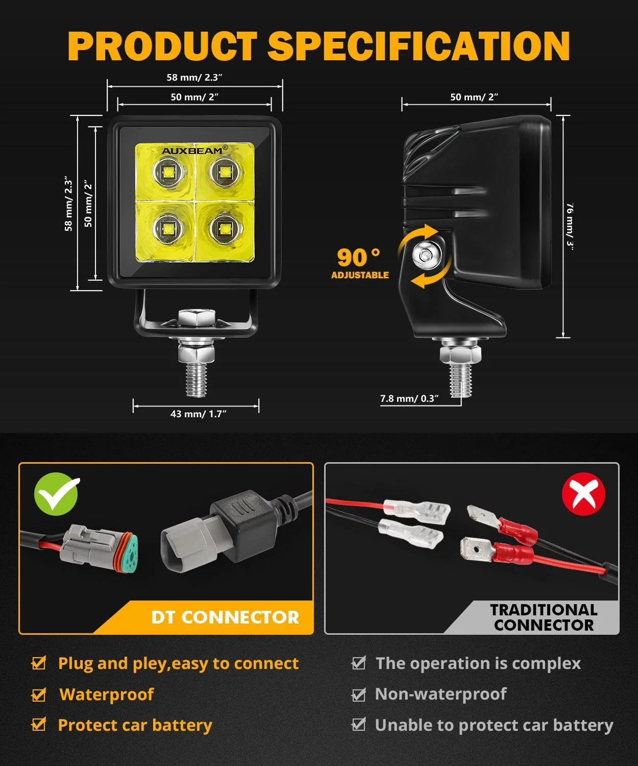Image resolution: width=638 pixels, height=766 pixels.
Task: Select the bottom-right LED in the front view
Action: pyautogui.click(x=224, y=228)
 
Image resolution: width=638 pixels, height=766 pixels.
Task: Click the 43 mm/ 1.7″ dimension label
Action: pyautogui.click(x=199, y=414)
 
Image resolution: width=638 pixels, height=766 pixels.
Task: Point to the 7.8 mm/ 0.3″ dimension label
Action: pyautogui.click(x=409, y=398)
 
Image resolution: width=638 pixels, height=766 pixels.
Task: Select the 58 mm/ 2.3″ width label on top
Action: pyautogui.click(x=194, y=78)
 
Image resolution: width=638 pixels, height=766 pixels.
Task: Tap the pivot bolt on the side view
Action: pyautogui.click(x=424, y=253)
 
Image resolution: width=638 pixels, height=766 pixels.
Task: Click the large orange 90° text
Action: pyautogui.click(x=358, y=257)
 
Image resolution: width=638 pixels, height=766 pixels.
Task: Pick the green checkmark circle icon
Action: pyautogui.click(x=56, y=494)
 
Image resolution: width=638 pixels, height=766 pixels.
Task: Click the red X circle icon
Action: pyautogui.click(x=583, y=494)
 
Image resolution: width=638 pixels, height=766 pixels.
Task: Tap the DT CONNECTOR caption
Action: pyautogui.click(x=225, y=617)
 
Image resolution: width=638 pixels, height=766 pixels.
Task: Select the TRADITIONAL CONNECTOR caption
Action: pyautogui.click(x=544, y=617)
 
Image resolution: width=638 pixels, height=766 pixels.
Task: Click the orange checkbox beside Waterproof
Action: pyautogui.click(x=39, y=695)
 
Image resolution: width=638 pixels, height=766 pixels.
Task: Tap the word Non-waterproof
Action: pyautogui.click(x=440, y=694)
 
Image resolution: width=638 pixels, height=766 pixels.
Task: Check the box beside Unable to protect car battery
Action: pyautogui.click(x=359, y=725)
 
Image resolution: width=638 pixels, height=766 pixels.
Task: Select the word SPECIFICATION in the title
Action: pyautogui.click(x=419, y=46)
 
